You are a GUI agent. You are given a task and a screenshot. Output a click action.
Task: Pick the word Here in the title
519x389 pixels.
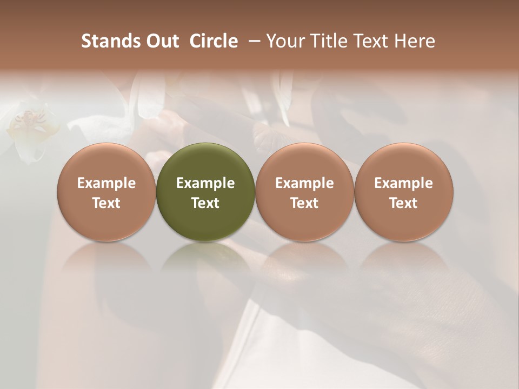click(x=416, y=41)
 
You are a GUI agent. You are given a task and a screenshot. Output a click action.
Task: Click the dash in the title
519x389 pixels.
click(x=252, y=41)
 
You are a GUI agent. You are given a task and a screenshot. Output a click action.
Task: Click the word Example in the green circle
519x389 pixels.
click(x=205, y=183)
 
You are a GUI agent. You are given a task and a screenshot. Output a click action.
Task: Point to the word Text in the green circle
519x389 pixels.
click(x=205, y=203)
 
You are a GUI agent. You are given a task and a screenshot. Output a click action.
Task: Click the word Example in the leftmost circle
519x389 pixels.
click(x=106, y=183)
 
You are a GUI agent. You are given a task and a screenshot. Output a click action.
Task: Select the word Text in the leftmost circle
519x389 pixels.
click(x=106, y=203)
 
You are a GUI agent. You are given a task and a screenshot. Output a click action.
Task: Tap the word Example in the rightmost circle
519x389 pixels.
click(x=404, y=183)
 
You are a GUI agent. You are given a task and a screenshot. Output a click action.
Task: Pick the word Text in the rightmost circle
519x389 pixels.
click(x=404, y=203)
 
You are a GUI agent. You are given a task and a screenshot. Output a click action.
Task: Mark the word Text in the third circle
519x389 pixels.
click(x=304, y=203)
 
